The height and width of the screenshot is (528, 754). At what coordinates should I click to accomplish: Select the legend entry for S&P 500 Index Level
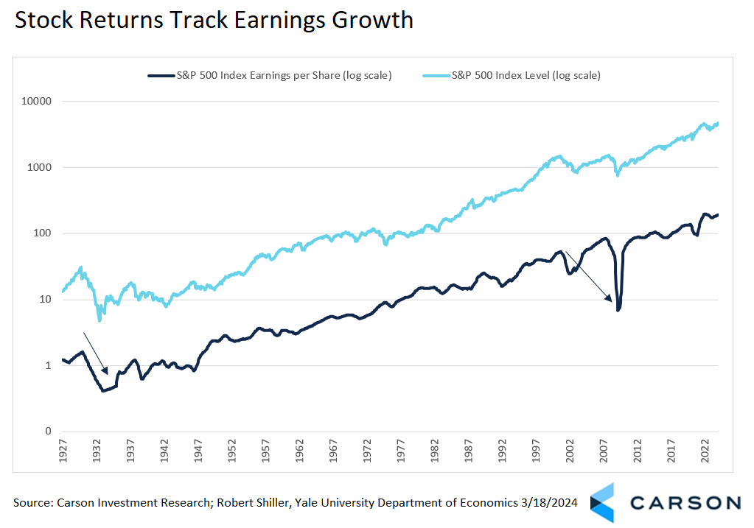(x=510, y=75)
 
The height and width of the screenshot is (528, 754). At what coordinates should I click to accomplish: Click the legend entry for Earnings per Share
(x=270, y=75)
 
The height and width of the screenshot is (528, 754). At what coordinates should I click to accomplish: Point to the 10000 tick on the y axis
(x=37, y=101)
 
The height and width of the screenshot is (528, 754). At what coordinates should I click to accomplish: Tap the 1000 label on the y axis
(x=40, y=167)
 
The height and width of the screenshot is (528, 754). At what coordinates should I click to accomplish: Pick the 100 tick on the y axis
(x=43, y=233)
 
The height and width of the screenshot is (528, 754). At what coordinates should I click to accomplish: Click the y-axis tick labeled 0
(x=48, y=432)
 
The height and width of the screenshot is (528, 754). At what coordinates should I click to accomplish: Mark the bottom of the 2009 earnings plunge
(x=618, y=309)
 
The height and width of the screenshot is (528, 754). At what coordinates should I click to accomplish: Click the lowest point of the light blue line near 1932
(x=100, y=320)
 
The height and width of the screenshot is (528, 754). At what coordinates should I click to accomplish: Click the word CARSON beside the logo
(x=685, y=503)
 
